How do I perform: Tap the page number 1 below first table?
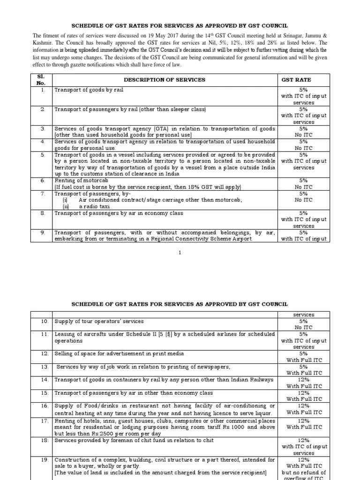(x=180, y=253)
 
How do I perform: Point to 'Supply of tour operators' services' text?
(x=99, y=322)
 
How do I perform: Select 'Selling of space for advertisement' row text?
(x=119, y=353)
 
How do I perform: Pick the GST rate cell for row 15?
(x=303, y=396)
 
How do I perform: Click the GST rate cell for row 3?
(x=303, y=131)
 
